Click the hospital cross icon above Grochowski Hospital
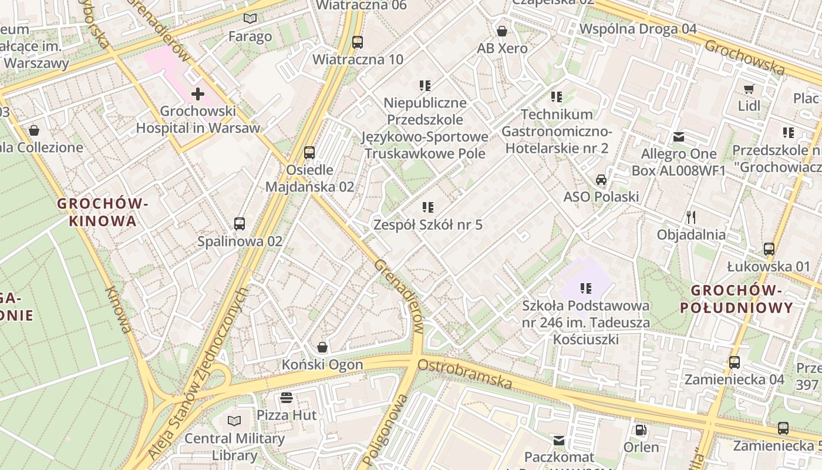click(x=198, y=93)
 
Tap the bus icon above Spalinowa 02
click(x=240, y=224)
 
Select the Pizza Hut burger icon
click(x=287, y=398)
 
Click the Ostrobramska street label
click(x=464, y=374)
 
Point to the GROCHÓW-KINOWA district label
click(x=103, y=212)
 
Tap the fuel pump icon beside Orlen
click(x=641, y=430)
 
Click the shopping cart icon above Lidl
click(x=749, y=89)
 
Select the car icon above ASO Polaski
click(x=601, y=179)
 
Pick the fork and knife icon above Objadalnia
click(x=692, y=217)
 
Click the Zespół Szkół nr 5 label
click(x=428, y=224)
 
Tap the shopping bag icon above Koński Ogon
click(x=322, y=347)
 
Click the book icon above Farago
click(x=250, y=19)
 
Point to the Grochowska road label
click(x=744, y=57)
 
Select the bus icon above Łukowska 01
click(x=769, y=249)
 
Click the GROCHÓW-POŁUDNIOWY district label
click(x=736, y=298)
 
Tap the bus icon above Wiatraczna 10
click(x=357, y=42)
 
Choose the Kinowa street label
click(x=118, y=310)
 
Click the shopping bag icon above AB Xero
click(x=502, y=31)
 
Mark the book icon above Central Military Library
click(x=234, y=421)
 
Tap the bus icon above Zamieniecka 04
click(x=735, y=362)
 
